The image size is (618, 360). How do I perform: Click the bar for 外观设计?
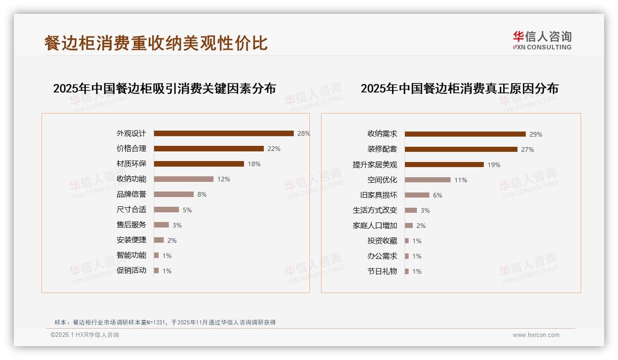click(x=224, y=133)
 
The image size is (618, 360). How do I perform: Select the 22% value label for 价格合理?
click(x=273, y=149)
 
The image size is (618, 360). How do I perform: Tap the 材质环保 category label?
click(x=131, y=164)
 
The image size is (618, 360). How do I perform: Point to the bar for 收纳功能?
click(x=184, y=179)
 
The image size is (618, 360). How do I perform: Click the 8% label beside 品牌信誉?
click(x=202, y=194)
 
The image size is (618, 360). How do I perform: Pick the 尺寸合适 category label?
click(x=131, y=210)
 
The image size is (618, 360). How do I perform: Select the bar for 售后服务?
click(x=161, y=225)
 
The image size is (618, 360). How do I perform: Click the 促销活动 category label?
click(x=131, y=270)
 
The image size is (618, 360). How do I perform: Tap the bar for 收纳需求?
click(x=465, y=134)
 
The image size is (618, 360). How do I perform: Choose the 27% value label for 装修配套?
click(x=527, y=150)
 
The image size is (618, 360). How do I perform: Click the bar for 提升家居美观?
click(x=444, y=165)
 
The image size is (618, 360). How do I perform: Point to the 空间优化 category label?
click(x=382, y=180)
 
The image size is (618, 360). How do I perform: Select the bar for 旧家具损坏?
click(x=417, y=195)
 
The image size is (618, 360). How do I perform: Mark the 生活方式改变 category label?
click(x=374, y=210)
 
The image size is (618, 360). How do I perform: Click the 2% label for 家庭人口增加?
click(x=421, y=226)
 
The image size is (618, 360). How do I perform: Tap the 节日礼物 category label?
click(x=382, y=271)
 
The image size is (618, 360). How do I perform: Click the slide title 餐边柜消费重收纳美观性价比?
click(x=156, y=43)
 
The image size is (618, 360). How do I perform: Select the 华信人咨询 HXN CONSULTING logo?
click(x=542, y=41)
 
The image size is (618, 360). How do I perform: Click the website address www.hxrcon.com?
click(x=536, y=335)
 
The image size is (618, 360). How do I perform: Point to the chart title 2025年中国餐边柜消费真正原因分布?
click(x=459, y=88)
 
